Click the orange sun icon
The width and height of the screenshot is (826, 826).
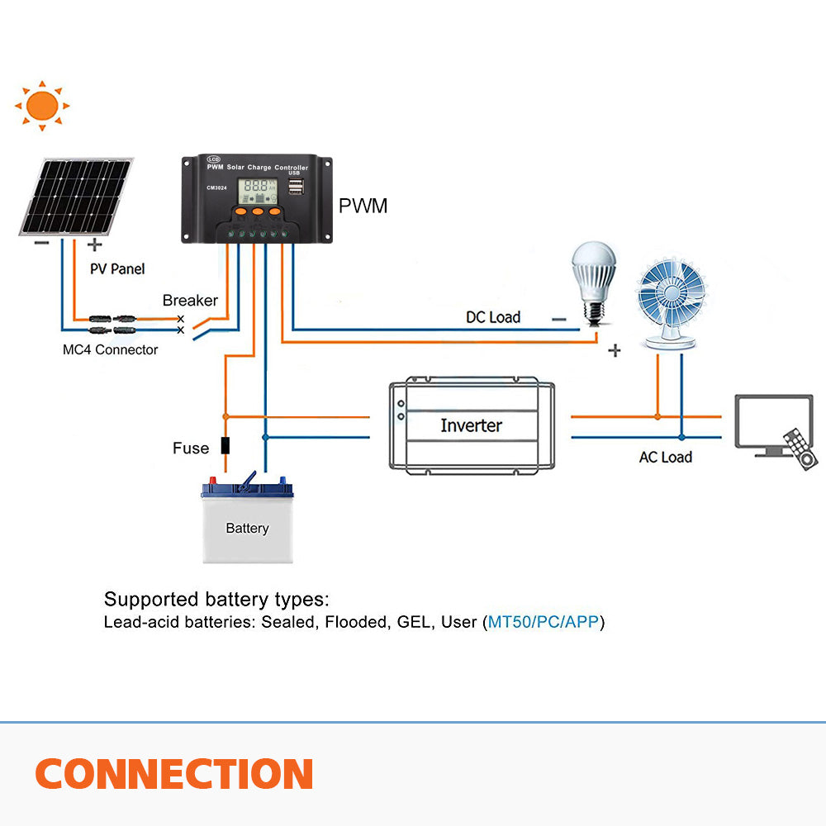click(x=42, y=106)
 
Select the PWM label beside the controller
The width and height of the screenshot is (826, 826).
click(x=363, y=206)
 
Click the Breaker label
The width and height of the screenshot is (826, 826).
click(x=190, y=301)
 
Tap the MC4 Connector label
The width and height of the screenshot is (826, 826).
click(x=110, y=349)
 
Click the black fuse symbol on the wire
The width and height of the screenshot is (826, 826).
click(x=225, y=446)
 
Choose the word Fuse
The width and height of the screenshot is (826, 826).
click(x=191, y=449)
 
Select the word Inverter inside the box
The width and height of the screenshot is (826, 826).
click(x=471, y=425)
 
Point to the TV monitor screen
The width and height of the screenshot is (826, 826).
click(x=772, y=421)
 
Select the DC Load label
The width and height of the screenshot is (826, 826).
click(x=493, y=317)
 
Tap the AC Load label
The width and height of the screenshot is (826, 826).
click(x=665, y=457)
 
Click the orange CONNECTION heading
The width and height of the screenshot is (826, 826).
click(x=173, y=774)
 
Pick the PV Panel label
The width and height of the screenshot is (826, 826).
click(x=117, y=268)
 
